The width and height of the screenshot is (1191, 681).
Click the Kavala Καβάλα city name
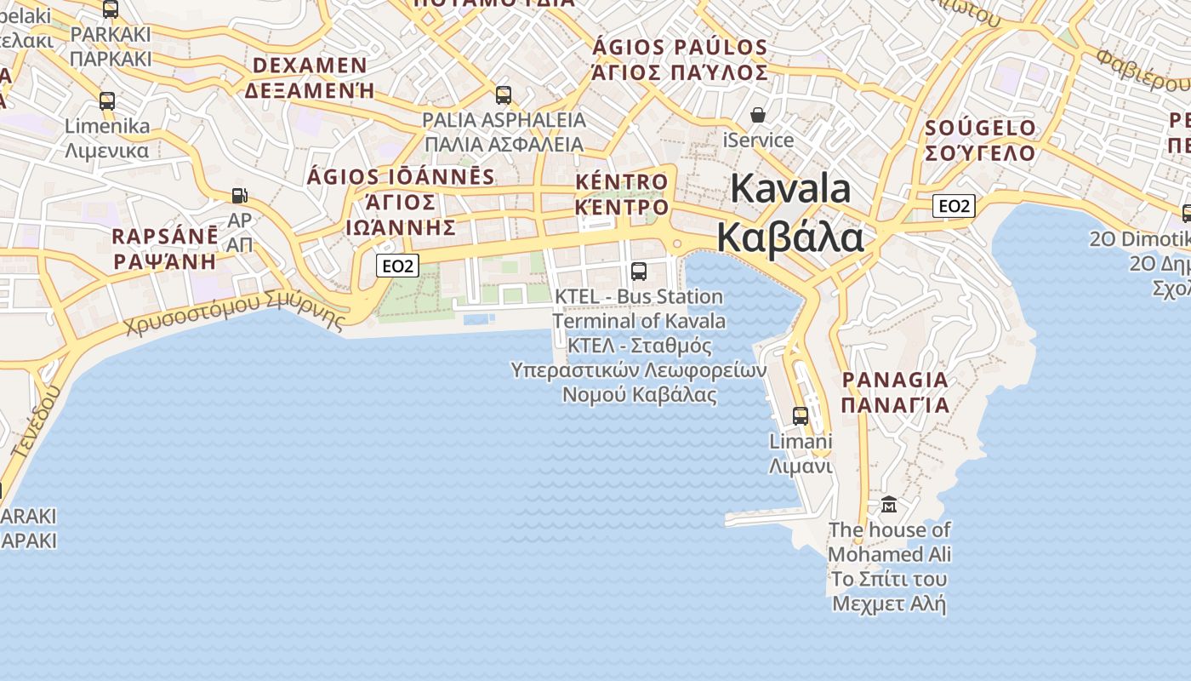[790, 213]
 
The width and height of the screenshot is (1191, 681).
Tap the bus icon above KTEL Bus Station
[638, 272]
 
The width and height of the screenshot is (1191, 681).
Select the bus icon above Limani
[801, 415]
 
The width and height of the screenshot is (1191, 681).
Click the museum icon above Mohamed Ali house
[889, 504]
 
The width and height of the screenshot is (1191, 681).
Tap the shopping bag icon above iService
[757, 115]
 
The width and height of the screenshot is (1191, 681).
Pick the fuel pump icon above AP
[240, 196]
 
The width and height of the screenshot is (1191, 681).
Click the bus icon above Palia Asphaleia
[504, 94]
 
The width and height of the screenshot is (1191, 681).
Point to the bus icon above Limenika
[107, 100]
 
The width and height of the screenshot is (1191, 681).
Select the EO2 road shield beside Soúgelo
[953, 205]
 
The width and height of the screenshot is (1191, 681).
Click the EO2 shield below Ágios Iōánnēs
[397, 266]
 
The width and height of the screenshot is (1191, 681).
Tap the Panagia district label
[895, 392]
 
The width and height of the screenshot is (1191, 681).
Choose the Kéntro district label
[622, 194]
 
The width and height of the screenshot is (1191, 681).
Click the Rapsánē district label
[165, 248]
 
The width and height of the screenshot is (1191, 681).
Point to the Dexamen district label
[310, 77]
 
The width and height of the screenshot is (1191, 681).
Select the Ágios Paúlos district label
[680, 60]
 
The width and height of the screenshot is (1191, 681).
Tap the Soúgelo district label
[980, 140]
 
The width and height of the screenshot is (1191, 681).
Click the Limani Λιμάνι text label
[800, 454]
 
